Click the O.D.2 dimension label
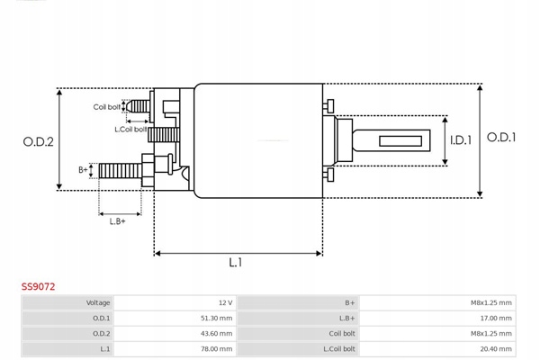(38, 141)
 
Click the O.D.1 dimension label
(501, 137)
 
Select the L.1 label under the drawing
(236, 263)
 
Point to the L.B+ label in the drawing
(117, 220)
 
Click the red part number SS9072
(39, 286)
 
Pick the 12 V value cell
(225, 302)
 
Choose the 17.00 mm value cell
(496, 318)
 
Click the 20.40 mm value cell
(496, 348)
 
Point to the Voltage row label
(98, 302)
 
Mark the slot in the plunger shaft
(401, 141)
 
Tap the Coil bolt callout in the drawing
(107, 107)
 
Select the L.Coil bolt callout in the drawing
(132, 129)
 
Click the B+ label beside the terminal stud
(83, 169)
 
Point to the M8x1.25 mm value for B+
(491, 302)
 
